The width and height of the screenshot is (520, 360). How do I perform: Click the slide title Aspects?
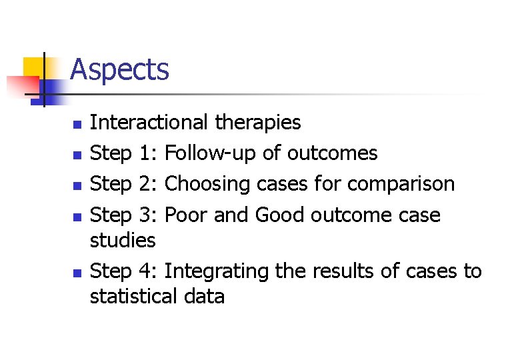click(x=119, y=70)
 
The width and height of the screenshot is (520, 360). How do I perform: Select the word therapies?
click(x=258, y=123)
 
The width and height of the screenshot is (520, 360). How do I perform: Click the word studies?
click(x=123, y=240)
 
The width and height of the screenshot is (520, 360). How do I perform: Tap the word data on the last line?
click(x=204, y=296)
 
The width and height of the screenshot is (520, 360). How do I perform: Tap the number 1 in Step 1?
click(x=146, y=153)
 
